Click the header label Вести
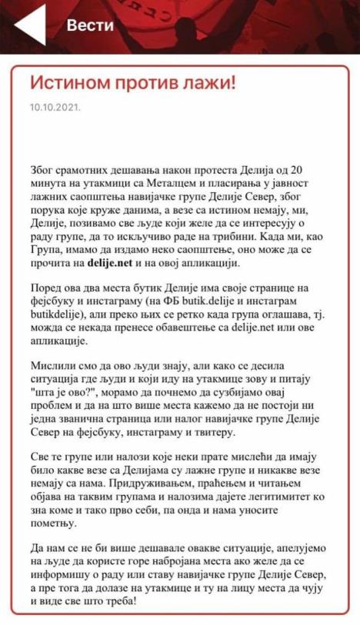click(91, 25)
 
